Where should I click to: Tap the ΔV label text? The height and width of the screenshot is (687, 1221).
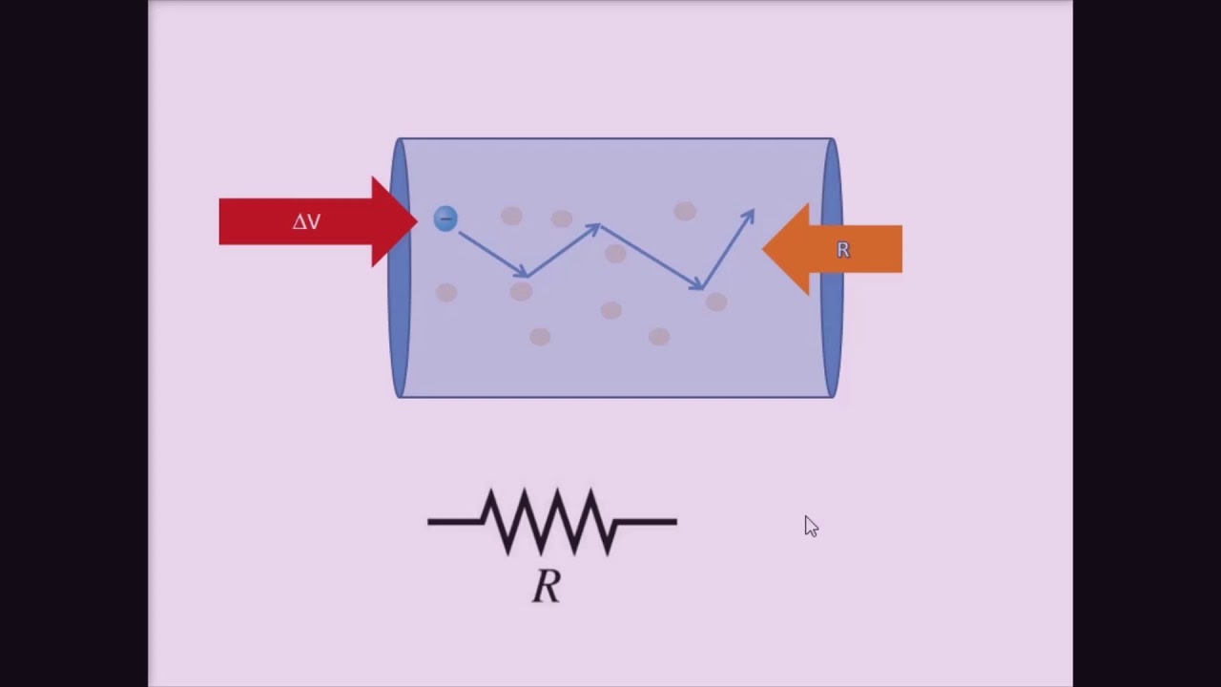pos(306,221)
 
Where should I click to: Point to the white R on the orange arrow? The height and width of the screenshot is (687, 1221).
pos(842,250)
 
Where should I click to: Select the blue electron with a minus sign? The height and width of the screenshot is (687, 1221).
pos(445,219)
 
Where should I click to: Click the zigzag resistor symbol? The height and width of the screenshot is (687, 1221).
pos(551,521)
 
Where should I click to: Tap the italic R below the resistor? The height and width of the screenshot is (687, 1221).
pos(547,586)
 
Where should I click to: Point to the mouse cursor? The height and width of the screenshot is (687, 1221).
pos(810,526)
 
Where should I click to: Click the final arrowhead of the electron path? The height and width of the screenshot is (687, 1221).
pos(749,216)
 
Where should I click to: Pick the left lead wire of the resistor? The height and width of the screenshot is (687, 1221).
pos(453,521)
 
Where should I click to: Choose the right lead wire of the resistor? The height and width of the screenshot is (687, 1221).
pos(649,521)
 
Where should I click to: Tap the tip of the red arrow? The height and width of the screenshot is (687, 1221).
pos(414,221)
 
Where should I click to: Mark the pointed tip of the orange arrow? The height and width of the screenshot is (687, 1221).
pos(766,249)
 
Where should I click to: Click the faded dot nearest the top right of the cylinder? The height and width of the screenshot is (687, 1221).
pos(685,212)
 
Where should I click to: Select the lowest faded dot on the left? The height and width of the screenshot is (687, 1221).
pos(540,336)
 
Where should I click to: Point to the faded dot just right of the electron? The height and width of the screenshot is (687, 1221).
pos(511,217)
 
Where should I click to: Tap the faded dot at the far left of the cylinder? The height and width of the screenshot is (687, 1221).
pos(446,292)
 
